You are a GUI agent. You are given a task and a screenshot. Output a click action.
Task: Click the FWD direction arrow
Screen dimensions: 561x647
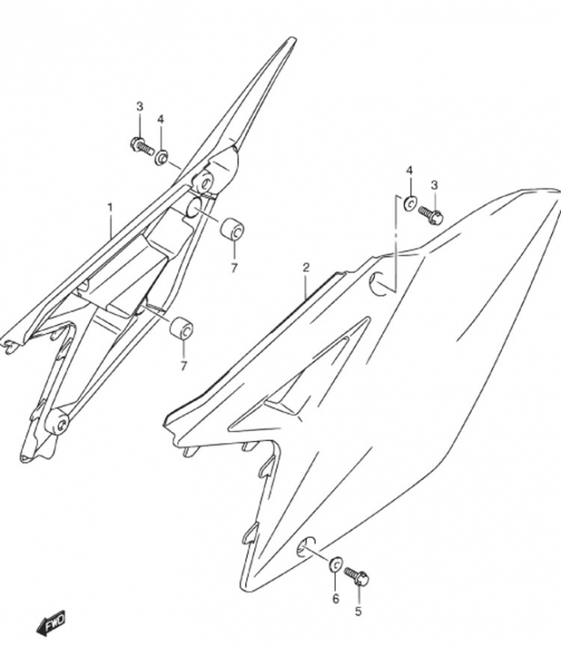51,622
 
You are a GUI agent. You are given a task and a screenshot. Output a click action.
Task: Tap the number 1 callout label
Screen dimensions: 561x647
110,207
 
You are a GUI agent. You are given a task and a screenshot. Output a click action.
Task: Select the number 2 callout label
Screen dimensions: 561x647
306,268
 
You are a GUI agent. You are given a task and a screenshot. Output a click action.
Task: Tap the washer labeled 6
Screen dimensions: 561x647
335,564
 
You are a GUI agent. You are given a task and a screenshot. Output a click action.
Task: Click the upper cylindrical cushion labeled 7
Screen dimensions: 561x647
232,230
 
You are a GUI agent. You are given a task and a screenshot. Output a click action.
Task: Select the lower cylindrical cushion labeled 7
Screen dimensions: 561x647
181,328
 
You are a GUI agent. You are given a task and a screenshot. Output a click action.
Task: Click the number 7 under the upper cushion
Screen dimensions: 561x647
234,269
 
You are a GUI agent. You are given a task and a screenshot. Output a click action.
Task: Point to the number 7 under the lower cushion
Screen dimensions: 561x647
184,366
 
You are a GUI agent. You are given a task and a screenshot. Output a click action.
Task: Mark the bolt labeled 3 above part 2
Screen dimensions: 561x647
431,214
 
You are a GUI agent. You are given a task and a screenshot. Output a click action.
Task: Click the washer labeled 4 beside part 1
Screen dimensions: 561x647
161,157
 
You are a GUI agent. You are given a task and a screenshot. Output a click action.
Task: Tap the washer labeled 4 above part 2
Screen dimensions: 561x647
410,203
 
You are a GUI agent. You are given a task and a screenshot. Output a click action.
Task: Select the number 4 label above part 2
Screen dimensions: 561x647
410,171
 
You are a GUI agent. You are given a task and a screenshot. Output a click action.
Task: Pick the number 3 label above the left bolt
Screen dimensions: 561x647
139,107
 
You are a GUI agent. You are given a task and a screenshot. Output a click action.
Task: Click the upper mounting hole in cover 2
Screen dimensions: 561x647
380,285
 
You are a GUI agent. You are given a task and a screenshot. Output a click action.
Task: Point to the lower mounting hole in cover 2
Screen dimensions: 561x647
306,548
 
